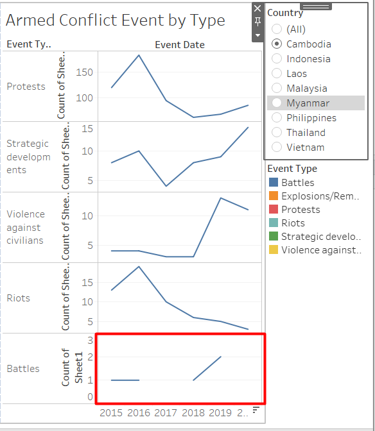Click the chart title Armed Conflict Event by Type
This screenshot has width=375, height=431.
[x=116, y=20]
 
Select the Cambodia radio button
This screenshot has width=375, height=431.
[x=277, y=44]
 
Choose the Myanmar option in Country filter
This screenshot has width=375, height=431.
[x=277, y=103]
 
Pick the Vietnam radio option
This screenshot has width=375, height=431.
[x=277, y=148]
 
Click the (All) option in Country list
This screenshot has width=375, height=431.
[x=277, y=30]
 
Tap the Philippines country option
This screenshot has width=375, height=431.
[x=277, y=118]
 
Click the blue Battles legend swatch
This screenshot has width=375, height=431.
[x=273, y=183]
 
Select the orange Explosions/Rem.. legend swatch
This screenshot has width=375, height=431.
[x=273, y=196]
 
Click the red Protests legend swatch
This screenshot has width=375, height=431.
[x=273, y=210]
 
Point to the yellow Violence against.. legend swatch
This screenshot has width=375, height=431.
[x=273, y=250]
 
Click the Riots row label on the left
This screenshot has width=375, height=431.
[x=19, y=298]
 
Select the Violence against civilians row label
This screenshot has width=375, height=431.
[x=26, y=227]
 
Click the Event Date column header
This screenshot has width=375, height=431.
[x=180, y=45]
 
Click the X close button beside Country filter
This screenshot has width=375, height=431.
[x=257, y=8]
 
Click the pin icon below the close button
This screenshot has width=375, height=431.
[x=257, y=22]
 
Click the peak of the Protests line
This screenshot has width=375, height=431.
[x=139, y=55]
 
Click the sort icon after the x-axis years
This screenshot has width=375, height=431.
[x=256, y=410]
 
